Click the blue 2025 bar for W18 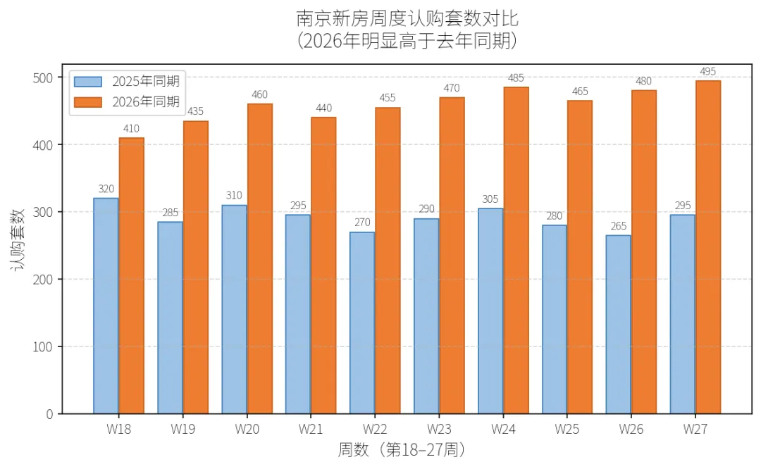pos(106,306)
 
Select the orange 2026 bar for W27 pos(708,247)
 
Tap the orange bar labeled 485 pos(516,250)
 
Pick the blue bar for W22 pos(362,323)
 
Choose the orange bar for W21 pos(323,265)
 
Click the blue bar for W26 pos(619,325)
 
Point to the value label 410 pos(132,129)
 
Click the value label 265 pos(619,226)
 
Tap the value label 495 pos(708,71)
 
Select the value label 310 pos(234,196)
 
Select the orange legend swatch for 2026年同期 pos(88,102)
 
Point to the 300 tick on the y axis pos(43,213)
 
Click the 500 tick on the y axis pos(43,77)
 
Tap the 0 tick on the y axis pos(49,414)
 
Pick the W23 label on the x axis pos(439,430)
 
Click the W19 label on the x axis pos(182,430)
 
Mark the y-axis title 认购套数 pos(18,239)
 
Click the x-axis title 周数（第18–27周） pos(402,449)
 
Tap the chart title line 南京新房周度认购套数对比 pos(407,19)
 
